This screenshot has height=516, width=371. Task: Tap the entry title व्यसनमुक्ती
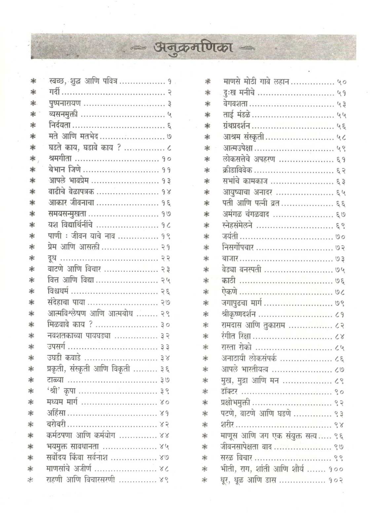coord(63,114)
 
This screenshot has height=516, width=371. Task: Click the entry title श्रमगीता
coord(60,159)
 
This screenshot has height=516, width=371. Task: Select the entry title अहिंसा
coord(56,413)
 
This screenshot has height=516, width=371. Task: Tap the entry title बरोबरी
coord(56,424)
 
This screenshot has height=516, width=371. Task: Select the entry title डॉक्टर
coord(229,392)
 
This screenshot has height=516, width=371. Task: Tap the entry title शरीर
coord(228,424)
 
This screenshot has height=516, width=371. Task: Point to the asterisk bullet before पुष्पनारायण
coord(33,104)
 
